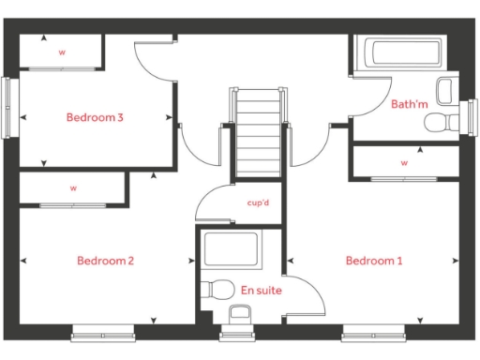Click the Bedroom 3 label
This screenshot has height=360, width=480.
(96, 117)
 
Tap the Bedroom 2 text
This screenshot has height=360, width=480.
(105, 260)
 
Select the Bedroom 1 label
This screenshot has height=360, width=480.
(373, 260)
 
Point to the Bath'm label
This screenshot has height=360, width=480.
(410, 104)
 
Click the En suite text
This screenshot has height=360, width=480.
(261, 291)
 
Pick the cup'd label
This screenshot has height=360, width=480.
(259, 202)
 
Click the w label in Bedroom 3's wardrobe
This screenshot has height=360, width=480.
(62, 52)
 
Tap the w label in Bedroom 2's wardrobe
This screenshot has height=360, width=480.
(73, 188)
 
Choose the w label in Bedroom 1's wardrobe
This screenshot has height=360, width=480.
(405, 162)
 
